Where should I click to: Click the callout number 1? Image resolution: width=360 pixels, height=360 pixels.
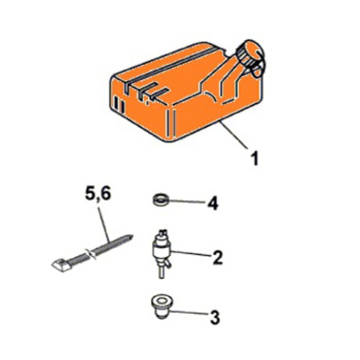[254, 158]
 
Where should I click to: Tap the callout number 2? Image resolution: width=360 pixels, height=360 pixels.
[218, 257]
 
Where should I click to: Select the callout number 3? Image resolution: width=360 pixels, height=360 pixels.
[215, 317]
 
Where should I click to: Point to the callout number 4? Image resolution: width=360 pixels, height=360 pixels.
[213, 203]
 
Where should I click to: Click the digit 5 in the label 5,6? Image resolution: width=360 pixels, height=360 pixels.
[91, 193]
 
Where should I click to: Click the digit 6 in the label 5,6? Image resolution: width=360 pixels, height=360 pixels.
[106, 193]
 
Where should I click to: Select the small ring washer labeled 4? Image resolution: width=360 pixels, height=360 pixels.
[160, 201]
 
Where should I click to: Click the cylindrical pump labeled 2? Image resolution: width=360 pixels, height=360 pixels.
[161, 250]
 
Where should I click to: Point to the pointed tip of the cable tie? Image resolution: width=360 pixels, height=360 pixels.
[132, 236]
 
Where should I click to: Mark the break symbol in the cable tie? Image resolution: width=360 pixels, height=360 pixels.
[89, 254]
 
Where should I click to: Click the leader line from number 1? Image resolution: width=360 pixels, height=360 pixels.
[234, 135]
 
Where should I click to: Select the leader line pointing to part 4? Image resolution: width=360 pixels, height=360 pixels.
[186, 201]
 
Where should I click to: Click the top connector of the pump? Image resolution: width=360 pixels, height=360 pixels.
[163, 233]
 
